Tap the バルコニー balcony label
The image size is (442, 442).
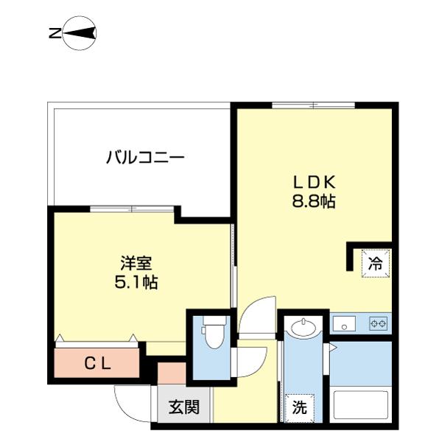[x=144, y=157]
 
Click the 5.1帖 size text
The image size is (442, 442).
[x=136, y=282]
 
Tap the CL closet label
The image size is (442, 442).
[x=97, y=362]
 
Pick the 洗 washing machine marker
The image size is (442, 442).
[x=300, y=407]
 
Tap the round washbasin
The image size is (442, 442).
[x=304, y=326]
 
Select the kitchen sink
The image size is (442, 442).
[x=344, y=323]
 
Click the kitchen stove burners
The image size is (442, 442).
[x=379, y=323]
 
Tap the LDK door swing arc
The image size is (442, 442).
[x=258, y=313]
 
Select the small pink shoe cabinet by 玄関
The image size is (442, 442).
[x=171, y=373]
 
